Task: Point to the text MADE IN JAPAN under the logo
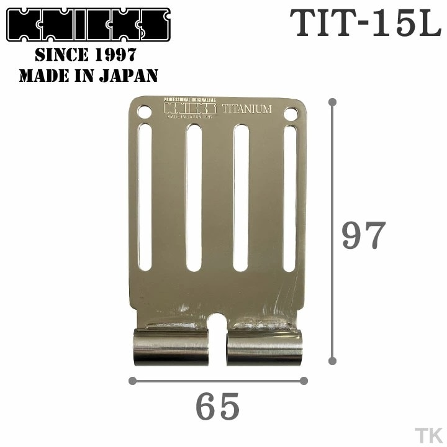(88, 76)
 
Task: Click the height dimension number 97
(364, 235)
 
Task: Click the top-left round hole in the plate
(144, 113)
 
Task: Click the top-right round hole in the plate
(291, 114)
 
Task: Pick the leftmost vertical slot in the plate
(145, 197)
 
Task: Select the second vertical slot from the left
(193, 197)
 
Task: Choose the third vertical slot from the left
(241, 197)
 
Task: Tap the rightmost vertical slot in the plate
(289, 197)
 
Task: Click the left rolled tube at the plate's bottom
(171, 346)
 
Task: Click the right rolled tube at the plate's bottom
(264, 346)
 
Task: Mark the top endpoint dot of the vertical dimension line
(332, 101)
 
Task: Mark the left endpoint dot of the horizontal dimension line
(132, 381)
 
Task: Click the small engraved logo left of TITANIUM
(189, 108)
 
